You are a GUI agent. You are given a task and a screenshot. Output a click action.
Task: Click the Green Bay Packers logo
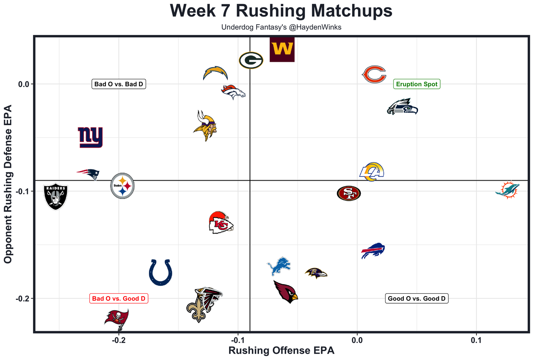(x=251, y=60)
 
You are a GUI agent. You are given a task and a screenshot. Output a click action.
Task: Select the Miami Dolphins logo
(x=507, y=190)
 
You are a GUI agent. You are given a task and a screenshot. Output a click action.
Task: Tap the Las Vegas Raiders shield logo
(x=55, y=197)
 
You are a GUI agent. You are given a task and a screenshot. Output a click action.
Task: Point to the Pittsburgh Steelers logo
(x=122, y=186)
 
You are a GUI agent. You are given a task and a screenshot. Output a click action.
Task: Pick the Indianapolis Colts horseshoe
(x=161, y=272)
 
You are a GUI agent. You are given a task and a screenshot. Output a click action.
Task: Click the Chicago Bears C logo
(x=373, y=74)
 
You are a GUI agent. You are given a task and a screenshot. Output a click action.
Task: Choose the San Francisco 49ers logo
(x=349, y=193)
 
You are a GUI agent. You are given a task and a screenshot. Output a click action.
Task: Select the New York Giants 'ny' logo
(x=90, y=138)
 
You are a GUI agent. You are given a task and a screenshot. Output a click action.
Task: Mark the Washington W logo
(x=282, y=50)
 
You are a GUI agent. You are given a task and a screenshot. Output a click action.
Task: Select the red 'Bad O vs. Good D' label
(x=119, y=299)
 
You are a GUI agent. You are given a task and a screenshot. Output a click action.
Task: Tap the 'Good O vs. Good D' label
(x=417, y=299)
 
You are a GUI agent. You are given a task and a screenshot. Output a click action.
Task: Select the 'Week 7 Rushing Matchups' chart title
(x=281, y=11)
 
